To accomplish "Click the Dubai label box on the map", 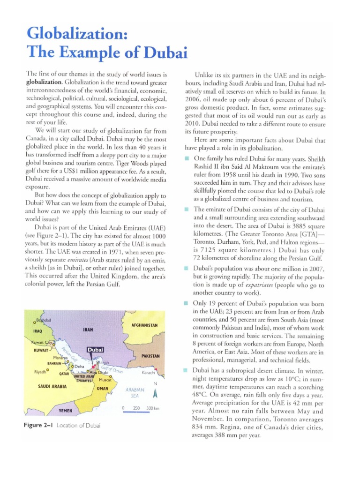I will click(x=95, y=349).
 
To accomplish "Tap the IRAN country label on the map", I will click(x=88, y=330).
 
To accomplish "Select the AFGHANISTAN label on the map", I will click(x=145, y=325).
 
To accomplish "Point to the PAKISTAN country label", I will click(x=151, y=356).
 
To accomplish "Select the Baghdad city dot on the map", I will click(x=35, y=322).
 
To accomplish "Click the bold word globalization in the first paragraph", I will click(x=43, y=82).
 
